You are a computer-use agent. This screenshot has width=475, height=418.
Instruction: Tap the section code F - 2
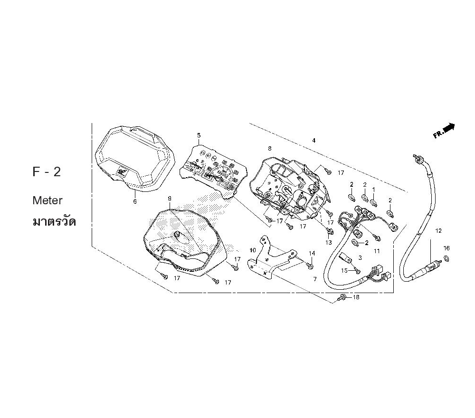point(47,172)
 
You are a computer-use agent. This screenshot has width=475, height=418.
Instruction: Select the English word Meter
point(47,200)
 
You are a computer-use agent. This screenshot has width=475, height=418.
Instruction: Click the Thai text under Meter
point(54,221)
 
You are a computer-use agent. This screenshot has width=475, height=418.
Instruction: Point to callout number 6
point(135,201)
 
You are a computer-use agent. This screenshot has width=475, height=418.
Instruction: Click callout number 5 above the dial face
point(199,135)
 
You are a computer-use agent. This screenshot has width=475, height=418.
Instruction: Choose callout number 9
point(170,199)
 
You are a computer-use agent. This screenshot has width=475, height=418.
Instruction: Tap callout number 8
point(270,148)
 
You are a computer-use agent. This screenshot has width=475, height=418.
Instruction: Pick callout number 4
point(314,141)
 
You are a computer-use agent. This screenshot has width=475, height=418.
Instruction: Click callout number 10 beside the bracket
point(253,250)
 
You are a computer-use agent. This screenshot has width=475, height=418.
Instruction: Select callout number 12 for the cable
point(438,231)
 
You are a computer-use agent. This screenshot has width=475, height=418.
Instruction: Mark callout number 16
point(446,248)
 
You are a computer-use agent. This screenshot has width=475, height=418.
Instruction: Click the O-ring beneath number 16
point(446,258)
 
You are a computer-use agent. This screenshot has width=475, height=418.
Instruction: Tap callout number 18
point(356,297)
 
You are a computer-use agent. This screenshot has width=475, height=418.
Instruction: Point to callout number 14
point(312,253)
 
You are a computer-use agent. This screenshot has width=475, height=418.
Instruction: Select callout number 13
point(329,242)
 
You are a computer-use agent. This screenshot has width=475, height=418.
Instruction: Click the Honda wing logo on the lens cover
point(122,172)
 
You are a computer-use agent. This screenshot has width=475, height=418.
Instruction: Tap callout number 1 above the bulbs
point(373,190)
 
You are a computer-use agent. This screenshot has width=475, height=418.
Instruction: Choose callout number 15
point(344,270)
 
